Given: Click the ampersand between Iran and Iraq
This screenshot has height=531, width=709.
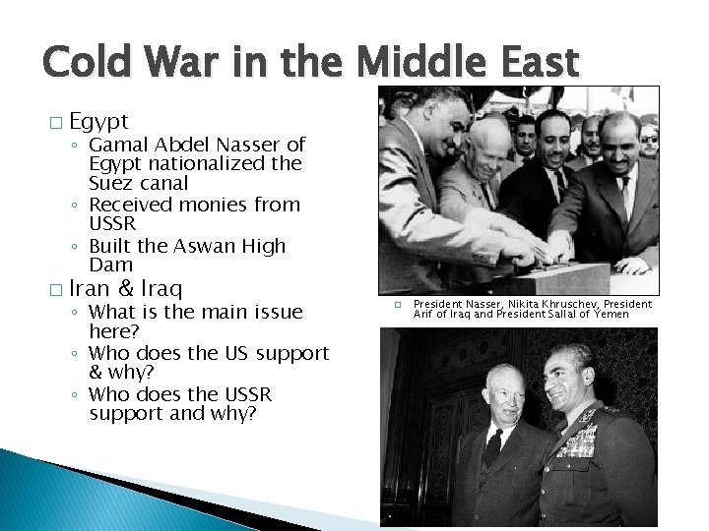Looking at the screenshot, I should [x=126, y=289].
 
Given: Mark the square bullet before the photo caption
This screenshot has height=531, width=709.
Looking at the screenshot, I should [x=396, y=306].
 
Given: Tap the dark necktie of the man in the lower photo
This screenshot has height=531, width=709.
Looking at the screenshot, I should [x=493, y=448].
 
